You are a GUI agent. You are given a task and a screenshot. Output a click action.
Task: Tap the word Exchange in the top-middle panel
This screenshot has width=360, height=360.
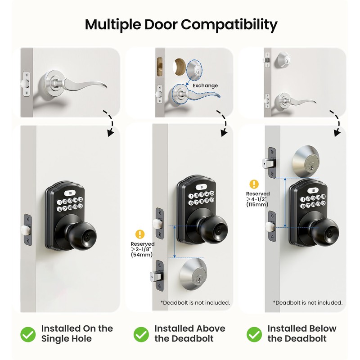coord(205,85)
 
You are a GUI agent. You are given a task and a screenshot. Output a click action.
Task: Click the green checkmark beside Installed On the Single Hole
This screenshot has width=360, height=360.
coord(28,334)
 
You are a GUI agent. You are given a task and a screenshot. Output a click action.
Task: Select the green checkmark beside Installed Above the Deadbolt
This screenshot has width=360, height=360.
coord(141,334)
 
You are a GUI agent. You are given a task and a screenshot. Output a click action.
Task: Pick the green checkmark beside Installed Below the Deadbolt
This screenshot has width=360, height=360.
coord(254,334)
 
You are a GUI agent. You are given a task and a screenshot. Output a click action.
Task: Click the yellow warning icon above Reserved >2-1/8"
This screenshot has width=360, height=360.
coord(140,234)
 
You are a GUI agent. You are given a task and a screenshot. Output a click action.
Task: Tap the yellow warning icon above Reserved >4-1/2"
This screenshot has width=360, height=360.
coord(254,184)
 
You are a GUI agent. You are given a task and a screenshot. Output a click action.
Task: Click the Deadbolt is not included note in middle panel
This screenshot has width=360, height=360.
coord(195,302)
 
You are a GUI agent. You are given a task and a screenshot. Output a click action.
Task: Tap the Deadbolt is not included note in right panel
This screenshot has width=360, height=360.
coord(308,302)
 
